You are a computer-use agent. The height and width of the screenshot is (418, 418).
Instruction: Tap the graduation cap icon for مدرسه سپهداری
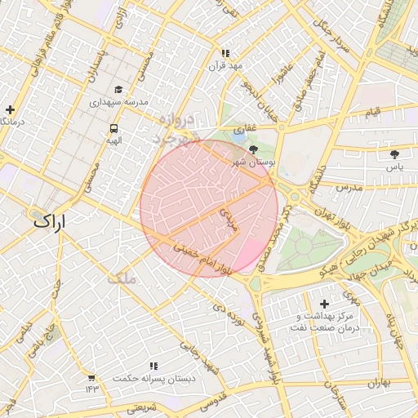(x=118, y=90)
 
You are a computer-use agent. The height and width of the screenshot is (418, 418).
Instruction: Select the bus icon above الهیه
(x=113, y=128)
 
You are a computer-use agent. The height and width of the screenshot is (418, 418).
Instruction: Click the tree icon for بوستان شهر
(x=252, y=149)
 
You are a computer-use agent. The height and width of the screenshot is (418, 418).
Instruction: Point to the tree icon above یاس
(x=395, y=153)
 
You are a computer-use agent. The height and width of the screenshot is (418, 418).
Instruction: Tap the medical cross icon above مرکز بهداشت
(x=324, y=304)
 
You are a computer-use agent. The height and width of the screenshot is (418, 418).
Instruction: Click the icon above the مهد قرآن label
(x=225, y=53)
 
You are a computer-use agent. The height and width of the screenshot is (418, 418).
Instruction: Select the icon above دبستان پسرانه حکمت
(x=153, y=366)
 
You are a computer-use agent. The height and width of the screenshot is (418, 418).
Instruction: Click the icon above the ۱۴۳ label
(x=91, y=378)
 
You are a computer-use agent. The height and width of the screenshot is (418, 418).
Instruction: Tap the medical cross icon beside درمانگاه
(x=10, y=109)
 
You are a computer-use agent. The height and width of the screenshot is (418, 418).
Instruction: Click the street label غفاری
(x=245, y=129)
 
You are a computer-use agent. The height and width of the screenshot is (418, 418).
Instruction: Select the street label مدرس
(x=348, y=188)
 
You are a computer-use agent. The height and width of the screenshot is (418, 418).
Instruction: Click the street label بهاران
(x=380, y=382)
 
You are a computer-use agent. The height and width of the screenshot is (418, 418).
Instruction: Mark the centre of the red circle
(x=209, y=208)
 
